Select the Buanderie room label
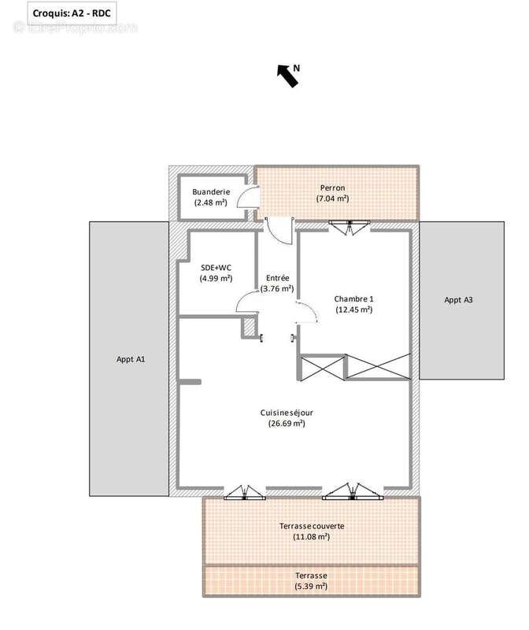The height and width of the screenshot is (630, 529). [x=211, y=191]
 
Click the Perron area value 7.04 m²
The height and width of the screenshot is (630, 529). [x=332, y=199]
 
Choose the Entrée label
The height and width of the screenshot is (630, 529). [x=277, y=278]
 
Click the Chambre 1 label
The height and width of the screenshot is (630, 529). [x=353, y=298]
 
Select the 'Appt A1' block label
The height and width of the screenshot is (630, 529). [x=129, y=359]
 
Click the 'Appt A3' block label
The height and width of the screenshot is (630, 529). [x=458, y=300]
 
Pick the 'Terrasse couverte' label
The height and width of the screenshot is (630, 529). [x=312, y=526]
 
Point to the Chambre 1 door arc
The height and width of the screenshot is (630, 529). [x=306, y=314]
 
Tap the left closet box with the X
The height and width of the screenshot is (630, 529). [x=323, y=367]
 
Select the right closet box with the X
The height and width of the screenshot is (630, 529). [x=379, y=367]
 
